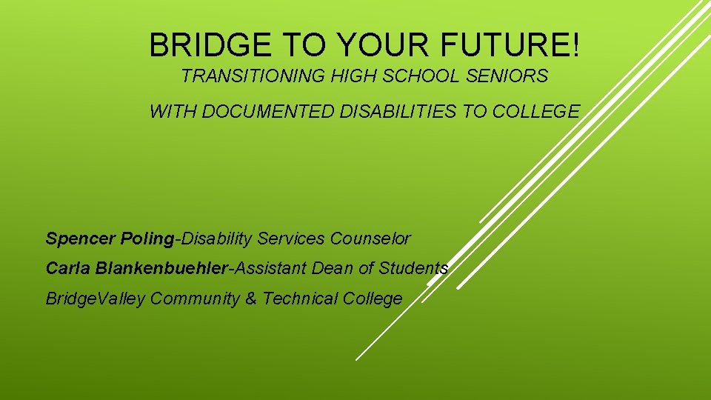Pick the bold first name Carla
point(67,268)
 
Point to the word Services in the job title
point(290,239)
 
